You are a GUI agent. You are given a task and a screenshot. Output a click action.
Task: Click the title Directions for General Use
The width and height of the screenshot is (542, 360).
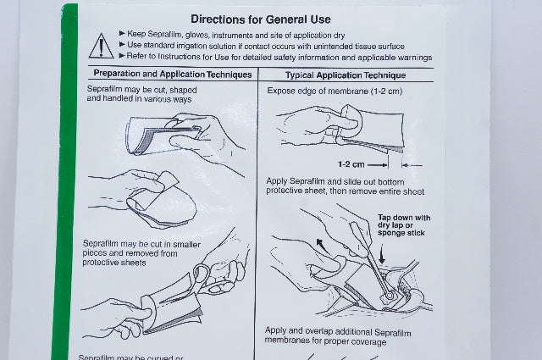click(261, 19)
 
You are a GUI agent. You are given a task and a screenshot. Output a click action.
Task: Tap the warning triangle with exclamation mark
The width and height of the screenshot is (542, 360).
click(101, 46)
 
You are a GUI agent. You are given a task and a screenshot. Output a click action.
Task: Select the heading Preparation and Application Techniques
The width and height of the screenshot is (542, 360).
click(173, 74)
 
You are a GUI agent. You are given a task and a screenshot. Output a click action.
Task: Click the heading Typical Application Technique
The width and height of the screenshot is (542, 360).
click(346, 75)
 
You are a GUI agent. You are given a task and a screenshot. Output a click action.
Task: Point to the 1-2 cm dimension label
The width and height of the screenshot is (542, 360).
click(351, 164)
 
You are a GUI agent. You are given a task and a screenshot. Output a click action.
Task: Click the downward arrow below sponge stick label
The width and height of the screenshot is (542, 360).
click(382, 255)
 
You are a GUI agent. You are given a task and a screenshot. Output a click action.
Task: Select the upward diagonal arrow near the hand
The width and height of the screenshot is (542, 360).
click(324, 246)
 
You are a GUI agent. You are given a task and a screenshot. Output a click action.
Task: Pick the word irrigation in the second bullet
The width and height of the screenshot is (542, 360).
click(188, 46)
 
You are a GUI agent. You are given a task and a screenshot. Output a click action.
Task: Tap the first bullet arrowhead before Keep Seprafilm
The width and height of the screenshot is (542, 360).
click(122, 33)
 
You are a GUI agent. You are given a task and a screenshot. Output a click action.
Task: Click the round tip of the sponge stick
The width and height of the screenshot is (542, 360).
click(390, 296)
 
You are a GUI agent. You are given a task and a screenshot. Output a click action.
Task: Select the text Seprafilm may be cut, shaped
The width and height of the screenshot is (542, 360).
click(141, 90)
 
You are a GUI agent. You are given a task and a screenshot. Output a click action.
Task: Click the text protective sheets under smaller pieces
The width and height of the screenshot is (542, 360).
click(114, 263)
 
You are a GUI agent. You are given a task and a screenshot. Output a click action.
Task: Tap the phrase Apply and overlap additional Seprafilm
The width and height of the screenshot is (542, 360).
click(338, 332)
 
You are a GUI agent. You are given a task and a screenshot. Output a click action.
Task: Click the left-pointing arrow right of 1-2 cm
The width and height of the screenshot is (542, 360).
click(412, 165)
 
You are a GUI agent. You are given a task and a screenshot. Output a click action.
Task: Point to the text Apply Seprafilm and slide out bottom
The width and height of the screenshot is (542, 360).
click(335, 181)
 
